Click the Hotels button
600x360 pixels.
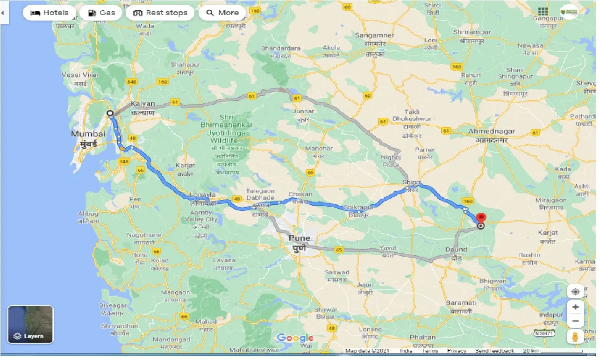coord(49,13)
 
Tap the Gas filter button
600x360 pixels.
coord(101,13)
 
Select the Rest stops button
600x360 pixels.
coord(160,13)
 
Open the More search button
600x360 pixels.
coord(222,13)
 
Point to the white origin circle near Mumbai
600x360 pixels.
coord(110,113)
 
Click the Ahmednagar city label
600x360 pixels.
coord(491,132)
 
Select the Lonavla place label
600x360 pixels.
coord(203,194)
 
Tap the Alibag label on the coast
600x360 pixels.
coord(88,214)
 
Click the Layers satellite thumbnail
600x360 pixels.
coord(30,324)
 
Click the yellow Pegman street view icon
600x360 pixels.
coord(575,337)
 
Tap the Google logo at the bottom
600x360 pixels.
coord(295,338)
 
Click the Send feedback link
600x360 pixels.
coord(494,351)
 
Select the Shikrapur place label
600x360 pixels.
coord(359,207)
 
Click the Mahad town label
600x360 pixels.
coord(206,322)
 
